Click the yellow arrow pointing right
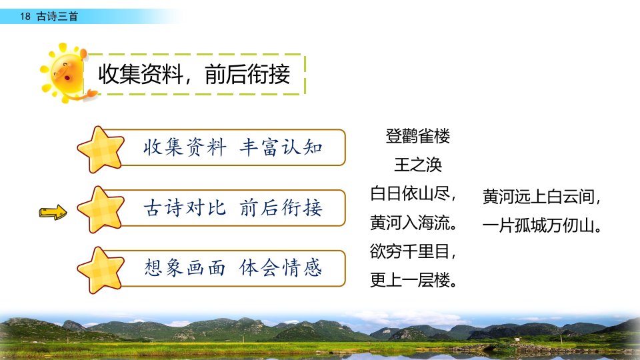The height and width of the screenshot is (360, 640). pyautogui.click(x=53, y=212)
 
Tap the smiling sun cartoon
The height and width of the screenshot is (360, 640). pyautogui.click(x=65, y=73)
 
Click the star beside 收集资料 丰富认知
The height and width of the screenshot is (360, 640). pyautogui.click(x=101, y=149)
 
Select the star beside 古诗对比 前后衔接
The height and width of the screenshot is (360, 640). pyautogui.click(x=101, y=210)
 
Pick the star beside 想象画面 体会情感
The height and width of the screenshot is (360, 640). pyautogui.click(x=101, y=270)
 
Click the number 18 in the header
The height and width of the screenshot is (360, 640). pyautogui.click(x=25, y=16)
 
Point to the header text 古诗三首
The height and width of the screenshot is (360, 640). pyautogui.click(x=57, y=16)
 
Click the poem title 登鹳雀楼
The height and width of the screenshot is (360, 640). pyautogui.click(x=417, y=136)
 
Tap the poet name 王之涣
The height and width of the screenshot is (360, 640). pyautogui.click(x=418, y=165)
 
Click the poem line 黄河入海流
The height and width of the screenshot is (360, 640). pyautogui.click(x=413, y=223)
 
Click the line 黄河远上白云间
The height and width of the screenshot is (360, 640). pyautogui.click(x=541, y=197)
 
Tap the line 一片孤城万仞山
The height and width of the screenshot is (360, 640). pyautogui.click(x=541, y=225)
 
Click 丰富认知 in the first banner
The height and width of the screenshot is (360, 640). pyautogui.click(x=281, y=147)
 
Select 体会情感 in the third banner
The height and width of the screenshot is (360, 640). pyautogui.click(x=281, y=268)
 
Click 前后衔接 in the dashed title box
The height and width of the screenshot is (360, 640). pyautogui.click(x=247, y=74)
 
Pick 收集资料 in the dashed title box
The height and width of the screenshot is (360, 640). pyautogui.click(x=141, y=74)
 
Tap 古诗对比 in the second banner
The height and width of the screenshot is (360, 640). pyautogui.click(x=185, y=208)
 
